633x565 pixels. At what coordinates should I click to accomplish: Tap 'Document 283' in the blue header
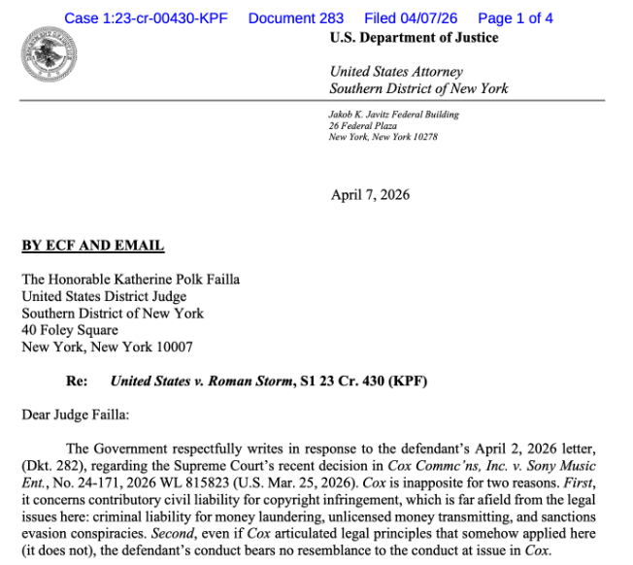(x=296, y=18)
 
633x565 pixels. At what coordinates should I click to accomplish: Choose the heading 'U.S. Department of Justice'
(x=414, y=38)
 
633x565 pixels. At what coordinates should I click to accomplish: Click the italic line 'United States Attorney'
(x=396, y=72)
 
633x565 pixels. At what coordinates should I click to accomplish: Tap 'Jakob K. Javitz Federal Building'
(x=394, y=115)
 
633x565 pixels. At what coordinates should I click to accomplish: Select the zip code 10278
(x=423, y=137)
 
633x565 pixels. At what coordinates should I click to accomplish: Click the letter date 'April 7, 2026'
(x=370, y=194)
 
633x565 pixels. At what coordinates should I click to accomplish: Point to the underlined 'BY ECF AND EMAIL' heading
(x=93, y=247)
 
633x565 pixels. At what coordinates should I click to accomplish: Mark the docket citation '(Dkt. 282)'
(x=53, y=464)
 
